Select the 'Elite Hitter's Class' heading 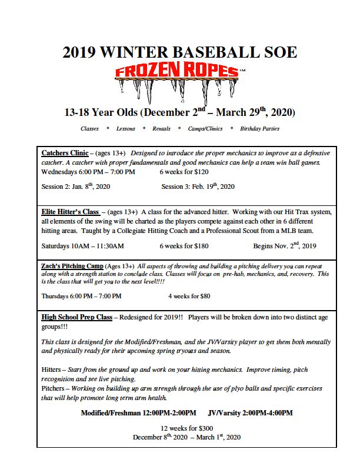pos(70,211)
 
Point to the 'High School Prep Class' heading pos(76,317)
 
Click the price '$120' pos(201,172)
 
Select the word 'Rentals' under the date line pos(161,128)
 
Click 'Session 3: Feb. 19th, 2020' pos(198,187)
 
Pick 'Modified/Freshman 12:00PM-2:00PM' pos(138,413)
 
